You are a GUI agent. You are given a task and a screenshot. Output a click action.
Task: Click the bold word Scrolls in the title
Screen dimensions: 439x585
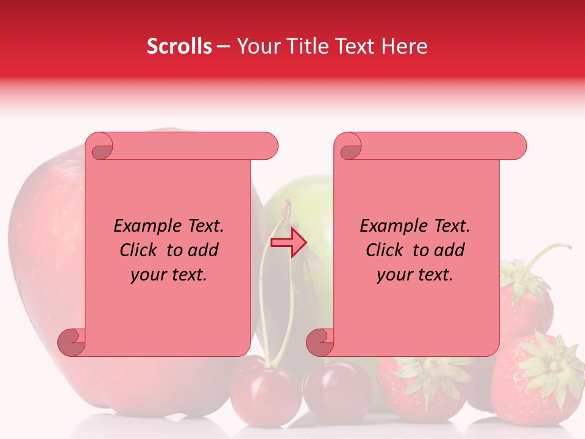click(179, 46)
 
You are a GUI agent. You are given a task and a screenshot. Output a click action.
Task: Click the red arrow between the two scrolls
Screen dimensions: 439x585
click(289, 242)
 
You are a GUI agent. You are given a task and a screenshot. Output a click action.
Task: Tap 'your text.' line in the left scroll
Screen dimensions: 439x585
click(169, 274)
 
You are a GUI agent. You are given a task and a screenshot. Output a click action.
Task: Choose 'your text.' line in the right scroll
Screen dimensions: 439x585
click(415, 274)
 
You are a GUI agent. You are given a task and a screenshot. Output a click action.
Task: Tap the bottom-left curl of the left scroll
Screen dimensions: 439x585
click(71, 341)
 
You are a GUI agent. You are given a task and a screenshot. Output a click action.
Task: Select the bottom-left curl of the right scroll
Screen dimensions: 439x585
click(320, 341)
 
